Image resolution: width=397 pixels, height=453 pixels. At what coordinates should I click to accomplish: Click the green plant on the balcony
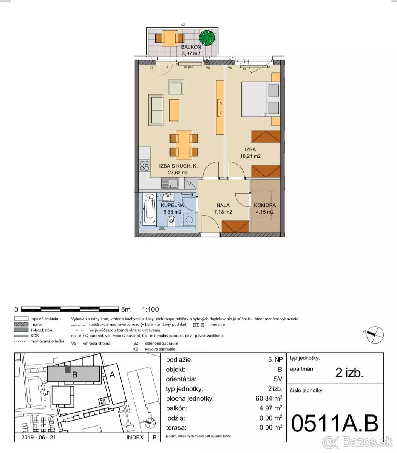click(207, 38)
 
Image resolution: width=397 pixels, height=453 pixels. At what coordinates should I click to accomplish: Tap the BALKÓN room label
click(191, 47)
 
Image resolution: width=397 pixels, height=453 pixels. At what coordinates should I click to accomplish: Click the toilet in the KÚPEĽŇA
click(171, 221)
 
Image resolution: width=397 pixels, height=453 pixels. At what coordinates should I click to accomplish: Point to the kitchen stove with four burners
click(144, 166)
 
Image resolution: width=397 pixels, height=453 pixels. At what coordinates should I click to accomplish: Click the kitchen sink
click(170, 183)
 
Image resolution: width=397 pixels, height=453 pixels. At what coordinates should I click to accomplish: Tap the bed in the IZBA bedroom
click(261, 99)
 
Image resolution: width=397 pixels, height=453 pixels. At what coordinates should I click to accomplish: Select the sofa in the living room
click(156, 110)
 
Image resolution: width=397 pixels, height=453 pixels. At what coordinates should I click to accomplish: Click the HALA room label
click(223, 205)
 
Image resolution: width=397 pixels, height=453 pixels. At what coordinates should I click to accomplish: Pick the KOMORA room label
click(265, 205)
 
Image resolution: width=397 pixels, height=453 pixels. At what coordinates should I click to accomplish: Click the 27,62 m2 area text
click(178, 173)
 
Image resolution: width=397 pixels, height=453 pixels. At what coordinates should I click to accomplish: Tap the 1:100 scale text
click(150, 309)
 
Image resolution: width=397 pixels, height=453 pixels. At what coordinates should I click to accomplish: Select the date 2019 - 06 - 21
click(39, 437)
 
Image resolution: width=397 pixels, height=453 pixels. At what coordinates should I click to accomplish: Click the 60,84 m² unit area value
click(269, 398)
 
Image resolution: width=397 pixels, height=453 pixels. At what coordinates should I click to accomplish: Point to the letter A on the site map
click(112, 375)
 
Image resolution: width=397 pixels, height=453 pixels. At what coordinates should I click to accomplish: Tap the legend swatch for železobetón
click(21, 330)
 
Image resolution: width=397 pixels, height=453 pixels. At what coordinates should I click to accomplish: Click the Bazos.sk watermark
click(358, 442)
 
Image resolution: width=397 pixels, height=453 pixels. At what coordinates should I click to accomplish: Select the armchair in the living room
click(176, 87)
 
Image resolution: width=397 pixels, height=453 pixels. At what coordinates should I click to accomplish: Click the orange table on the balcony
click(170, 38)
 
